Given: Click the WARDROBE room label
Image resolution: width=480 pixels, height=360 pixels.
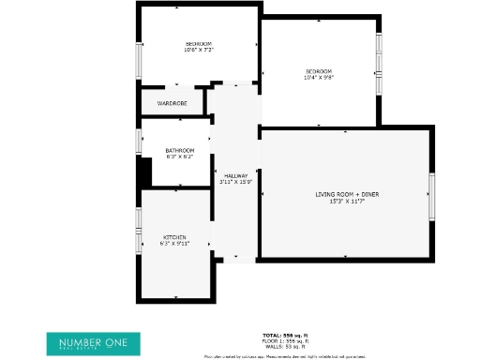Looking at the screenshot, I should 172,103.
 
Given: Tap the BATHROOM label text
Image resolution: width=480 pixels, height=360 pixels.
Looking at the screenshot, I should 179,150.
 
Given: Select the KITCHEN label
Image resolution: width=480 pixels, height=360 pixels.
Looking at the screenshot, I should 175,237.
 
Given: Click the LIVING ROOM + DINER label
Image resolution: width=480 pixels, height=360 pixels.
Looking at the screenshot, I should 346,194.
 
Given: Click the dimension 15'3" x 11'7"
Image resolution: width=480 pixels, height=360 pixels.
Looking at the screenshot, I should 346,201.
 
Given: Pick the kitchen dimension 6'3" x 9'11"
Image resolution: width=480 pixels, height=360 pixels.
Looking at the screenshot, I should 175,244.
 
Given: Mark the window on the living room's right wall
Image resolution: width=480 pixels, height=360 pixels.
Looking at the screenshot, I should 432,197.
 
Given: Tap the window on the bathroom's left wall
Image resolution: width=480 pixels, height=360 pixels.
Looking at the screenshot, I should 139,142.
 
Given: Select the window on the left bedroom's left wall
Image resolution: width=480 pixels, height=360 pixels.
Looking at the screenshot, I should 139,63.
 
